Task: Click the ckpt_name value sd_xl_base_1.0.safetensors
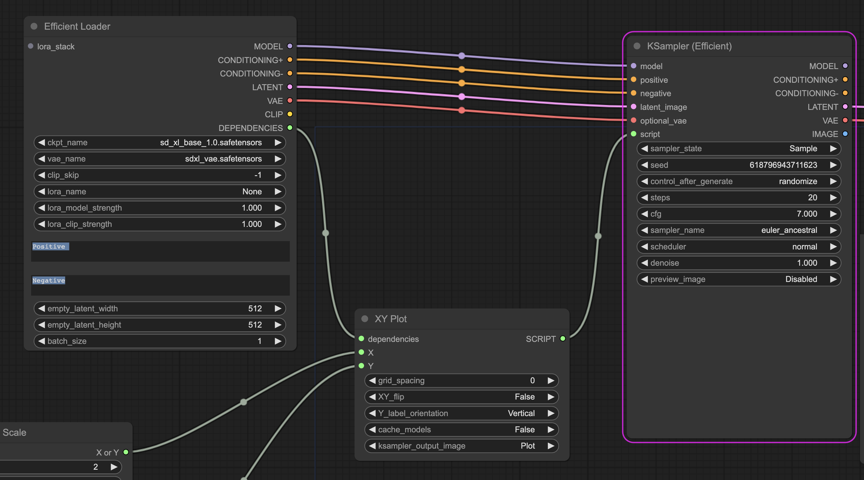click(x=211, y=142)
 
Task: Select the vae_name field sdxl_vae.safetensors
click(x=223, y=159)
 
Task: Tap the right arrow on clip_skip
click(x=278, y=175)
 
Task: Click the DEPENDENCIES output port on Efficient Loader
click(x=290, y=128)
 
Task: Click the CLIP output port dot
click(x=290, y=114)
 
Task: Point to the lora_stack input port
click(x=31, y=46)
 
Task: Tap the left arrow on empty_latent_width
click(x=42, y=308)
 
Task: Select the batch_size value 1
click(x=259, y=341)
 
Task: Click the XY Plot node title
click(x=390, y=319)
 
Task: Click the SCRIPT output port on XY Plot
click(x=563, y=338)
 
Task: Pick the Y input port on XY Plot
click(x=361, y=366)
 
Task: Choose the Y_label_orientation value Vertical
click(x=521, y=413)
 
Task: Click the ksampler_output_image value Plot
click(x=528, y=446)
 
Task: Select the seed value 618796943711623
click(x=783, y=165)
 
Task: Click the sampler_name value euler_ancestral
click(x=789, y=230)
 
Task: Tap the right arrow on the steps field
click(x=833, y=197)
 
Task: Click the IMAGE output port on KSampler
click(x=845, y=134)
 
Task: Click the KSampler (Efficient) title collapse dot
click(x=637, y=46)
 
